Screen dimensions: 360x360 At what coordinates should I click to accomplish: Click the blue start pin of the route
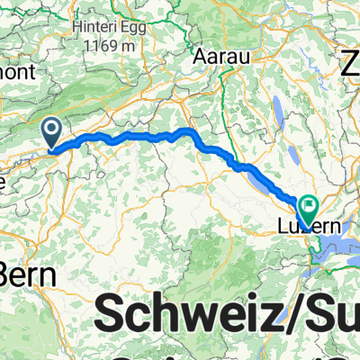53,135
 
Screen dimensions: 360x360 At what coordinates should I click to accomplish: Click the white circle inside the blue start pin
53,131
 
